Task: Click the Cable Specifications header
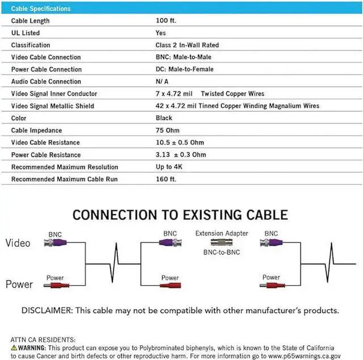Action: coord(41,9)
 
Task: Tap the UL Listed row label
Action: coord(26,33)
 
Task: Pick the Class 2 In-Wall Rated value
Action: coord(187,45)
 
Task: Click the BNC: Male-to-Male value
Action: coord(183,57)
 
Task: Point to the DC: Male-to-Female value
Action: coord(184,69)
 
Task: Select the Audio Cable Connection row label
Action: coord(46,81)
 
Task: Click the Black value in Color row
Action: coord(164,118)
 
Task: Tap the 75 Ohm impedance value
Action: coord(167,130)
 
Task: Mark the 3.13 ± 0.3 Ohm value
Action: coord(181,154)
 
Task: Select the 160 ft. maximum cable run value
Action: coord(166,179)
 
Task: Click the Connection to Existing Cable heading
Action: coord(180,215)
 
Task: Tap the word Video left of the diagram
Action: coord(18,243)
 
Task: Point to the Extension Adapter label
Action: coord(222,233)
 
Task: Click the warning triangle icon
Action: coord(14,347)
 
